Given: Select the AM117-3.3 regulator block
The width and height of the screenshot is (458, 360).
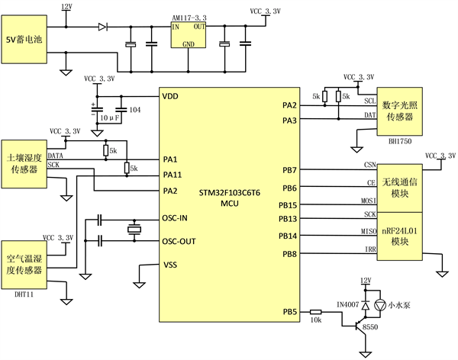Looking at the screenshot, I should pyautogui.click(x=188, y=35).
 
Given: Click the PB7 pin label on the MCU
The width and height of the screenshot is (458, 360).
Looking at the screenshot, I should pyautogui.click(x=289, y=170).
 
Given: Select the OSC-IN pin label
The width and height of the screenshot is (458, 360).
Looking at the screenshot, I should pyautogui.click(x=178, y=219).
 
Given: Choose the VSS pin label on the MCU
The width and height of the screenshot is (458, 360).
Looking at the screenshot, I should pyautogui.click(x=172, y=265).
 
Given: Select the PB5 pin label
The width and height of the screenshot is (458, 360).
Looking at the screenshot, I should pyautogui.click(x=289, y=311).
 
